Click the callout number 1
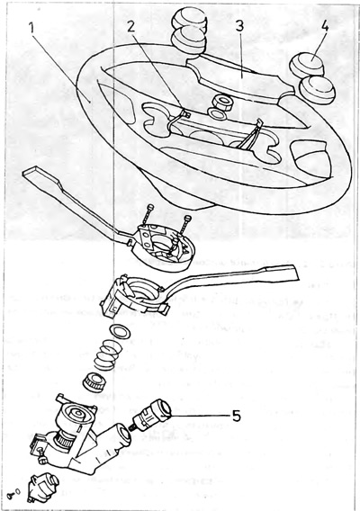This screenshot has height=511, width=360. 32,29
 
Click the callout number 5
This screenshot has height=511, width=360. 236,416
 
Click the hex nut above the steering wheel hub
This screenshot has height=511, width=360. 221,102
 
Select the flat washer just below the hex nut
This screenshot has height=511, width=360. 217,113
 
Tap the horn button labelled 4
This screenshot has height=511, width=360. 308,64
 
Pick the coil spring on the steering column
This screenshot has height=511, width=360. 106,354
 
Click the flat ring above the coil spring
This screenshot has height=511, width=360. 121,331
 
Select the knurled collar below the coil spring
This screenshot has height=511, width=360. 96,382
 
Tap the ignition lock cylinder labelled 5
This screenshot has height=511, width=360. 150,417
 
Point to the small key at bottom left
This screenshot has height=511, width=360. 15,493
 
